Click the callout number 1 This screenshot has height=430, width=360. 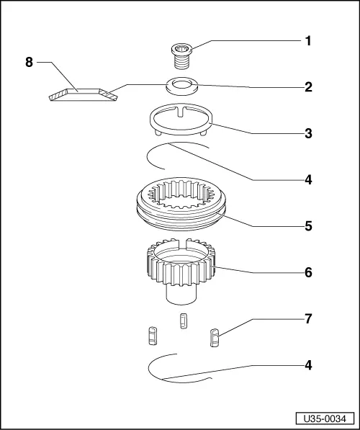click(307, 42)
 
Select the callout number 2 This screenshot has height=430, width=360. click(307, 87)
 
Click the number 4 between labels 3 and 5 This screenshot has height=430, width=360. click(307, 179)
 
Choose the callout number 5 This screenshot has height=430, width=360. click(307, 225)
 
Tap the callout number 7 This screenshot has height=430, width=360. click(307, 318)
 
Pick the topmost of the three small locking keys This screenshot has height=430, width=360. click(182, 321)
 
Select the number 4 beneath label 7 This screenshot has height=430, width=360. click(307, 364)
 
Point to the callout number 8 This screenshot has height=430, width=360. click(30, 63)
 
